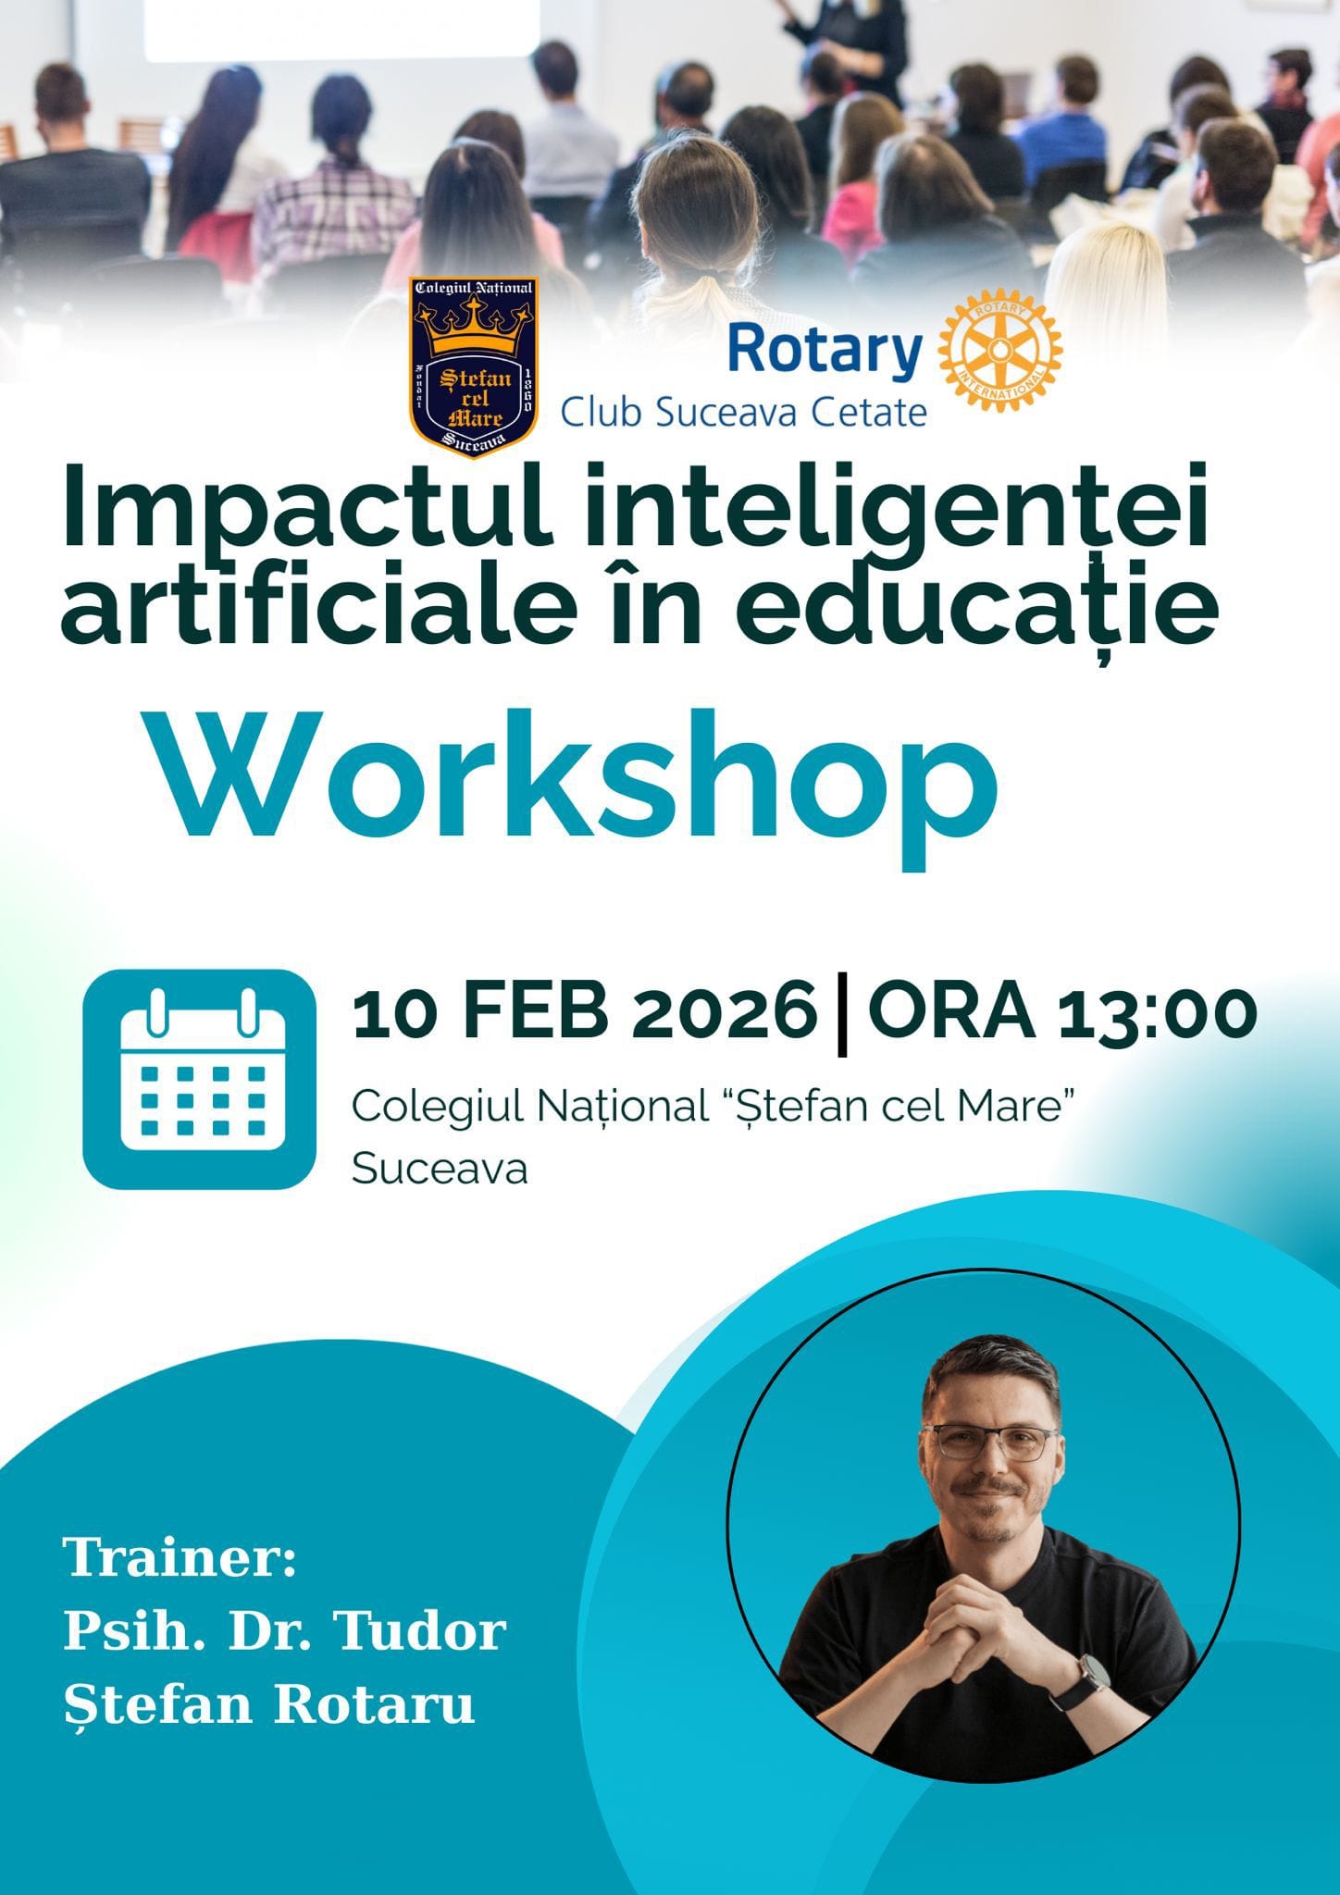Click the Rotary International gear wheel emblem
1001,353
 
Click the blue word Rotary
825,351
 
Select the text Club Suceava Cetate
744,412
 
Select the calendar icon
199,1079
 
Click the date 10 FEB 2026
585,1015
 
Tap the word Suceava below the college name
440,1170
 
